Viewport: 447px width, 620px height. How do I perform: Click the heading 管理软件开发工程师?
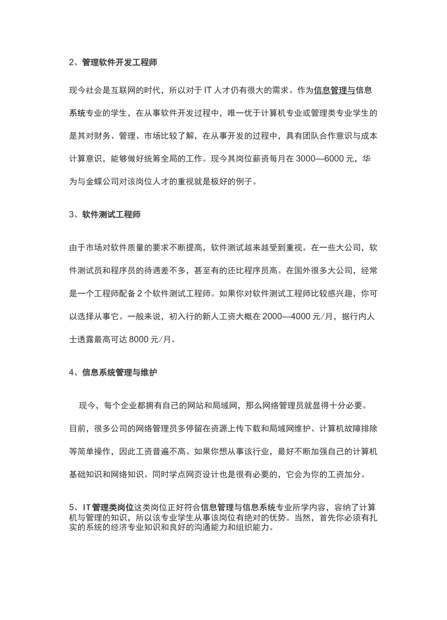120,62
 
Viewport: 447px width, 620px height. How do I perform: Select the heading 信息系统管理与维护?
120,373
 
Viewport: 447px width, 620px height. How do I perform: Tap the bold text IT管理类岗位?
108,507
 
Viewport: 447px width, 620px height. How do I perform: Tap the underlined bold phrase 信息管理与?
334,90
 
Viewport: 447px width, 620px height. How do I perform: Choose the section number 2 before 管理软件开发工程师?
71,62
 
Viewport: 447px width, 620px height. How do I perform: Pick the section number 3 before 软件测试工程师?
71,215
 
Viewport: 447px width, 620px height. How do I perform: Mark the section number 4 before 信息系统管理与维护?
71,373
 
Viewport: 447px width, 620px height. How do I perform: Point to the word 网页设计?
216,474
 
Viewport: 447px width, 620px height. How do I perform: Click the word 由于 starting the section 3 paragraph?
77,247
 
